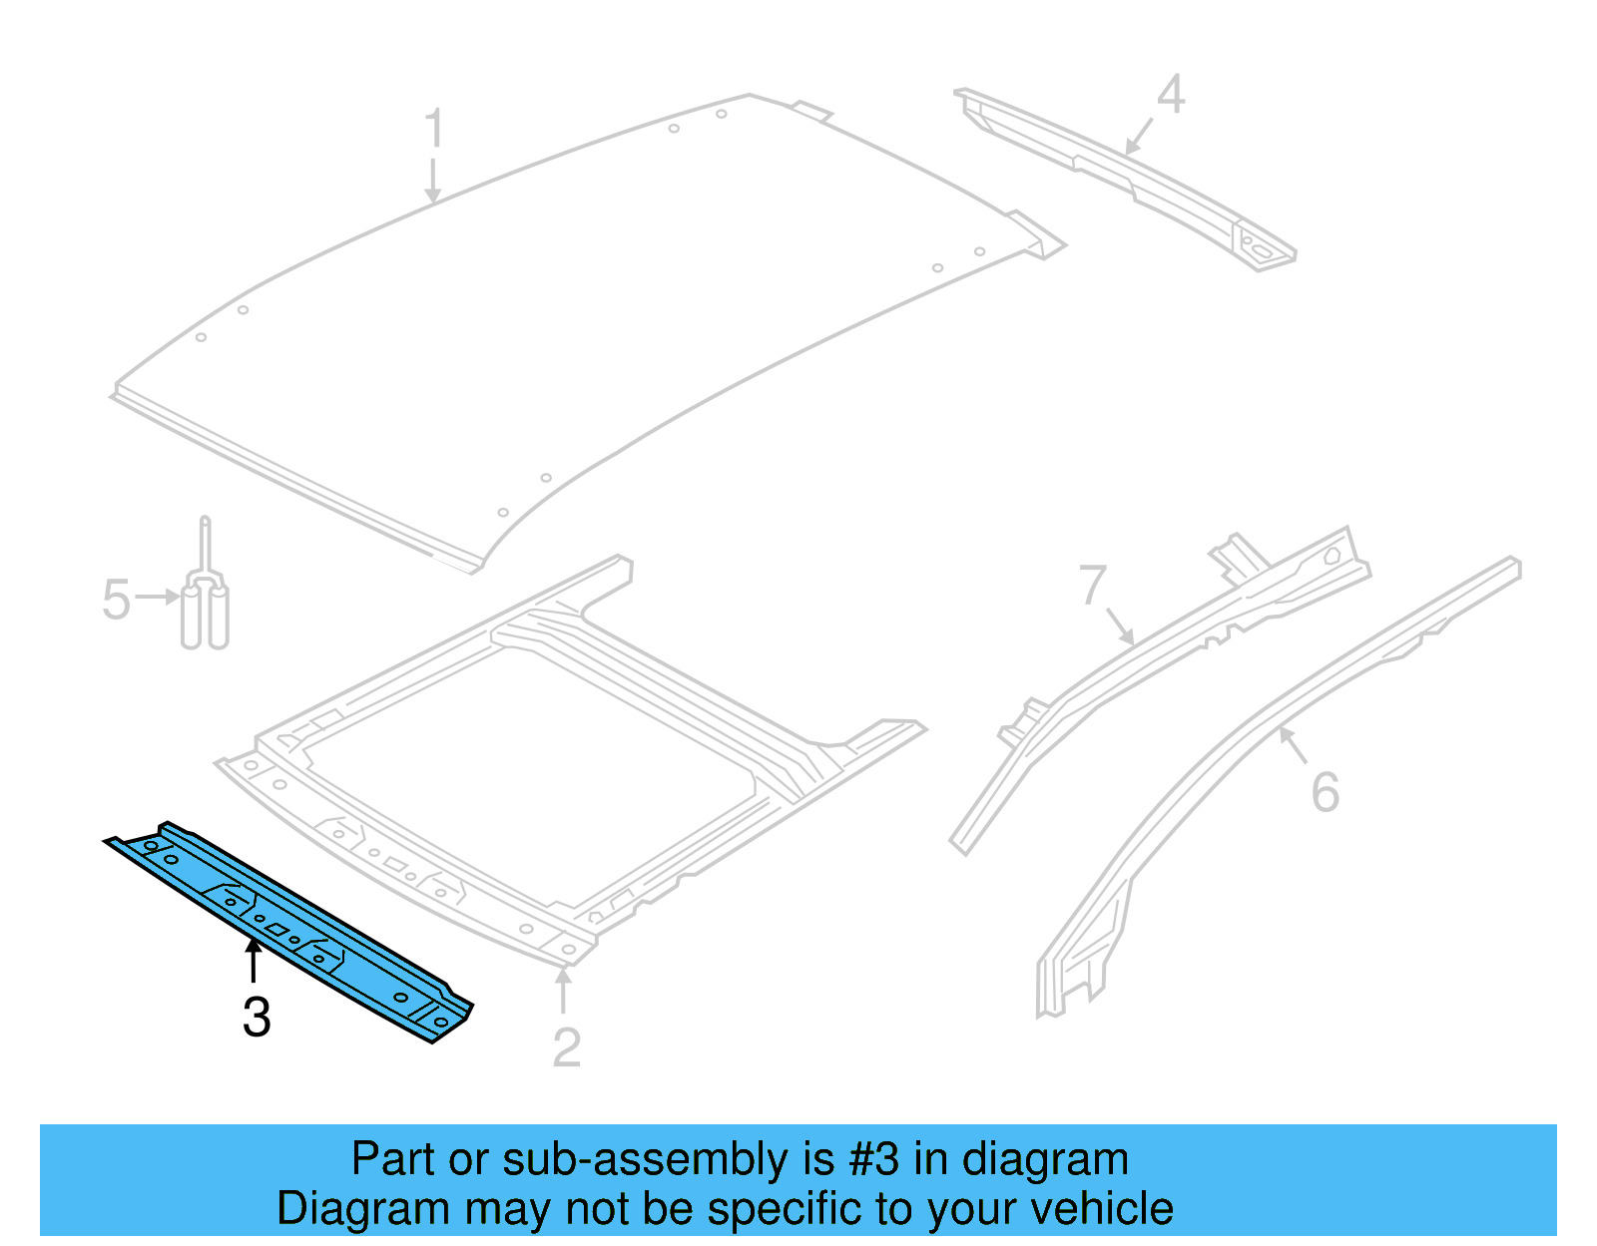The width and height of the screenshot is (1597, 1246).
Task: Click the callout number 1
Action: coord(433,129)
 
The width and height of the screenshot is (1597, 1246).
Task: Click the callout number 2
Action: coord(566,1047)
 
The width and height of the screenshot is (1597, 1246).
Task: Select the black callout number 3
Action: coord(257,1018)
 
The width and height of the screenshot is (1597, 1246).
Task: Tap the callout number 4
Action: coord(1171,95)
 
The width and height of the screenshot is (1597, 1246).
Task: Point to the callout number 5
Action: coord(116,600)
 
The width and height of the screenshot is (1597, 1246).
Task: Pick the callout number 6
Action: coord(1325,792)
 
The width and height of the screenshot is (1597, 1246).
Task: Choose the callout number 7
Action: coord(1093,585)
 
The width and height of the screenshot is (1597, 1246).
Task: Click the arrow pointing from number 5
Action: coord(159,598)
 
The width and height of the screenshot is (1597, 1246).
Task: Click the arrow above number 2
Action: coord(564,988)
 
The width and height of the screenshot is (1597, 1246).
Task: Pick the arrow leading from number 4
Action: coord(1139,136)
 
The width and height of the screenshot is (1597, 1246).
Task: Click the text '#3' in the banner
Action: coord(873,1159)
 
